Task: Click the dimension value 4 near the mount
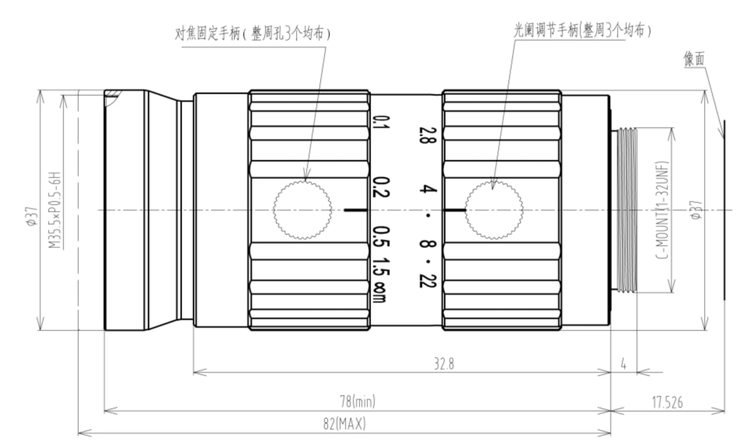[x=623, y=365]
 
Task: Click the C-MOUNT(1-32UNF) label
[x=663, y=210]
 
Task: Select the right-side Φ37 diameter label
[x=696, y=210]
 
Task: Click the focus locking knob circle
[x=302, y=210]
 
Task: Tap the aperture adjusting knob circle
[x=494, y=210]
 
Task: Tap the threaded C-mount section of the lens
[x=626, y=210]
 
